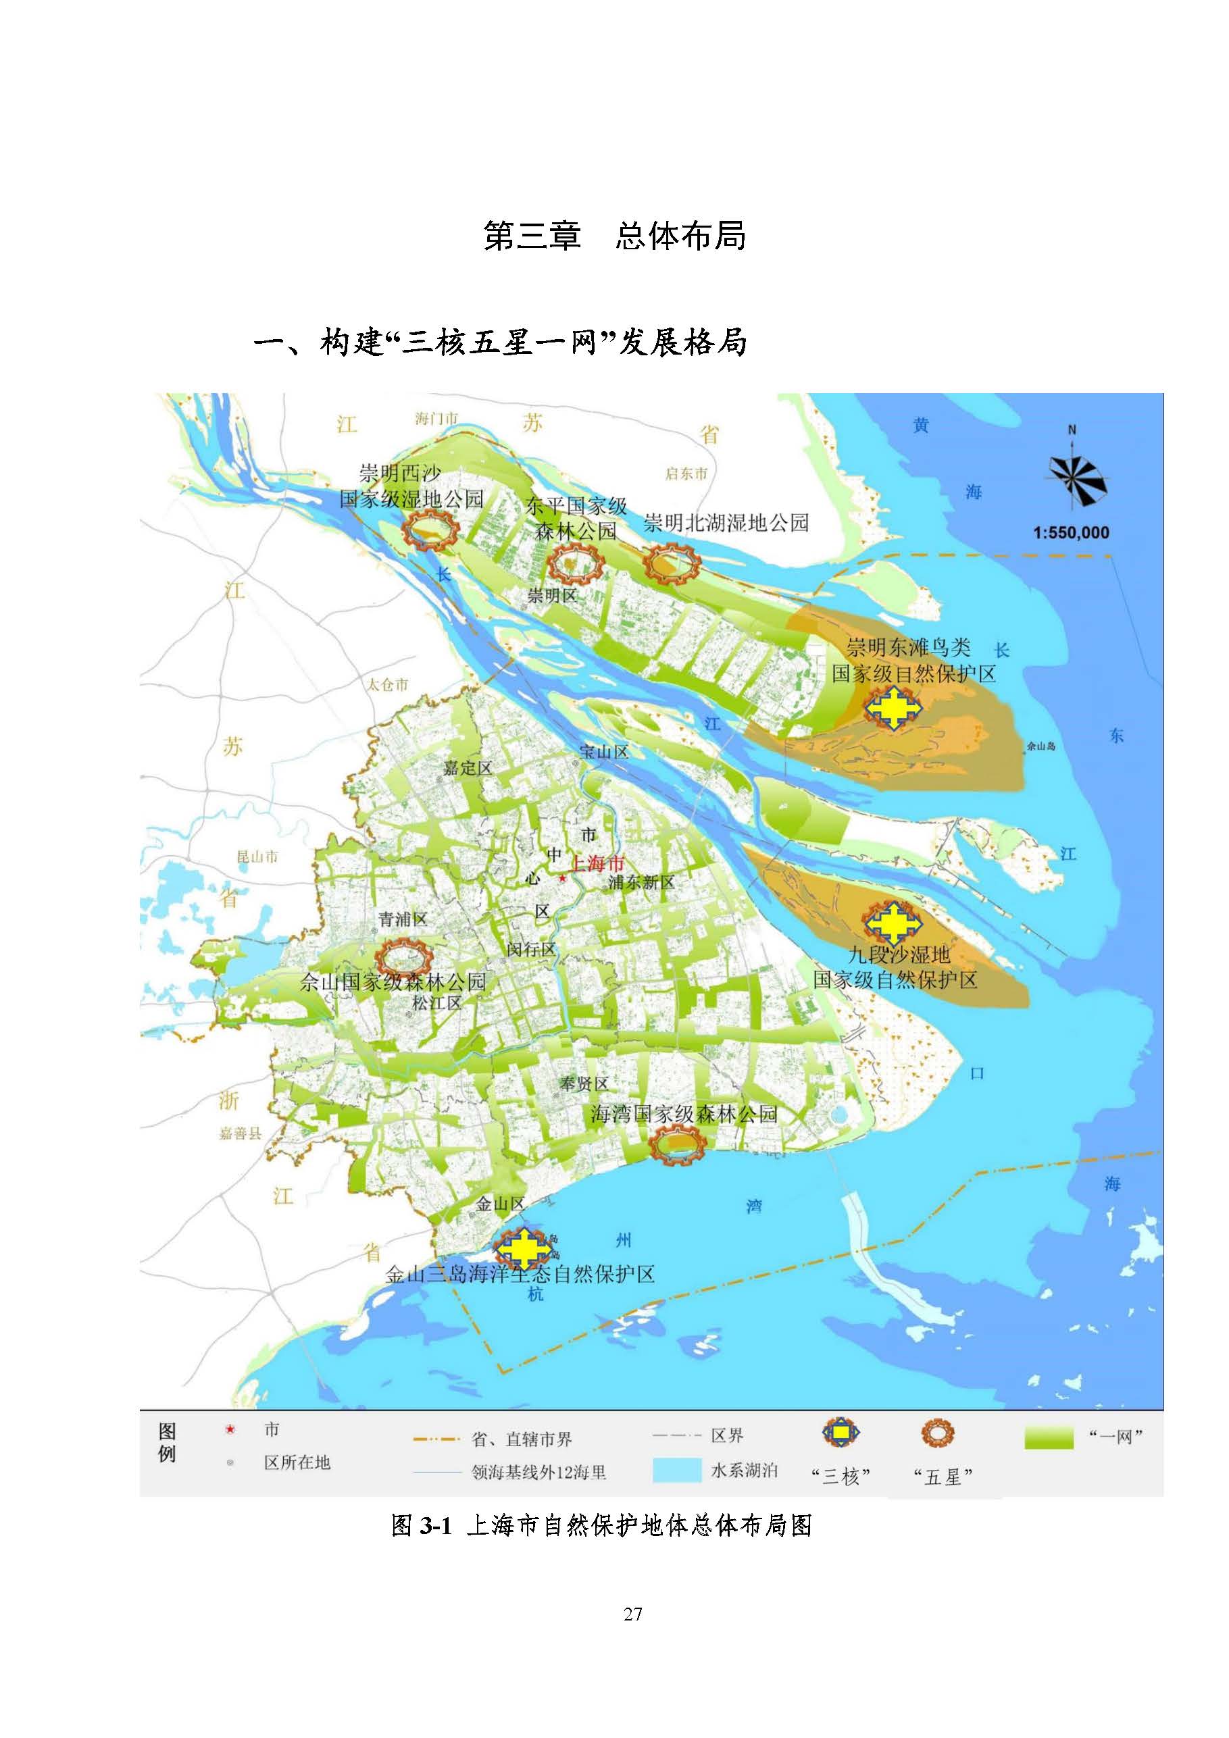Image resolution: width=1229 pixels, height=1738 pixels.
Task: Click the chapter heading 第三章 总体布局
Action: click(x=614, y=236)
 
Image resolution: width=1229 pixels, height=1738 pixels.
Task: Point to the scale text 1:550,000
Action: click(x=1071, y=533)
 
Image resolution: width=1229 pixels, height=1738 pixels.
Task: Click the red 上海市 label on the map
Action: click(x=597, y=864)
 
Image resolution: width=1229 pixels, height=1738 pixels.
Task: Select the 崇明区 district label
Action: click(x=552, y=596)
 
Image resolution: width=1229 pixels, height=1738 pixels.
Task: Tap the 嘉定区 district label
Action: click(x=468, y=767)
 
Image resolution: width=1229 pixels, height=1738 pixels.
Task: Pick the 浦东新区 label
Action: click(x=641, y=883)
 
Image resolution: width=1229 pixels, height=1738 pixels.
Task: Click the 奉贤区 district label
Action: click(x=584, y=1084)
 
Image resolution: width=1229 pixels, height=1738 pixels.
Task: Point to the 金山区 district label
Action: click(x=500, y=1204)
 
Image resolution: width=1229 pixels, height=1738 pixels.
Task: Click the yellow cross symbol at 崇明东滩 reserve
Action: click(x=894, y=708)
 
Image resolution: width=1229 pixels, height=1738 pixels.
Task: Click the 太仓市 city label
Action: click(x=388, y=684)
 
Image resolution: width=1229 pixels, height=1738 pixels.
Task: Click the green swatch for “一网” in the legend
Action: click(x=1049, y=1438)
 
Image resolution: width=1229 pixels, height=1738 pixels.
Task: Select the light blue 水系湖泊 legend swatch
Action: click(x=677, y=1469)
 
